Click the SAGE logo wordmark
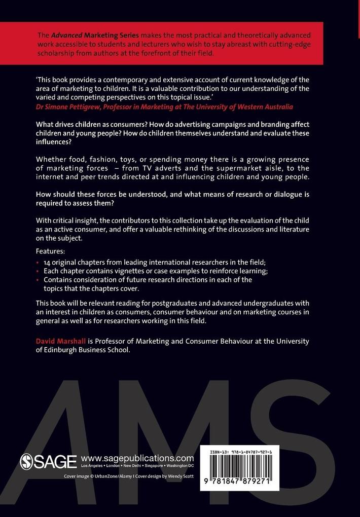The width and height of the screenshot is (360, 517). (48, 461)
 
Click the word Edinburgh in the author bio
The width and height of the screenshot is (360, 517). (66, 350)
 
